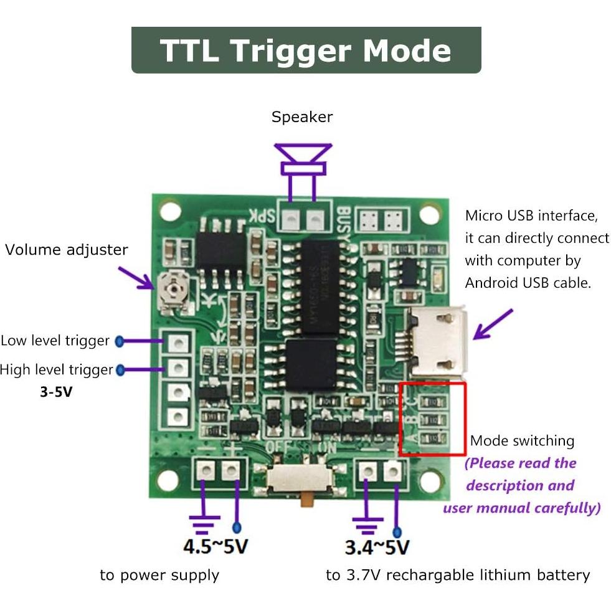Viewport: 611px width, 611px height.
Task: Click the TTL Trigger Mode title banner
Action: [306, 50]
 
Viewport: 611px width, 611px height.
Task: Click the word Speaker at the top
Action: [302, 117]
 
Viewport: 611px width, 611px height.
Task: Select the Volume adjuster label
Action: [67, 250]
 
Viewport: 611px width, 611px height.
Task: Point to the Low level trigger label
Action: [55, 341]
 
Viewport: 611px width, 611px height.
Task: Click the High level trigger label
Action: [57, 370]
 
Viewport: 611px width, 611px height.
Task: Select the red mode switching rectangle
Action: [432, 419]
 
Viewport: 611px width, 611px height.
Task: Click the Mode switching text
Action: [522, 441]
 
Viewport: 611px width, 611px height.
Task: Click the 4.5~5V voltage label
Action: [216, 547]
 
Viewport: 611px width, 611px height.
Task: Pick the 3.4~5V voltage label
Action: [377, 547]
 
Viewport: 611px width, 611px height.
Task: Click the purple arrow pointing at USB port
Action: [492, 324]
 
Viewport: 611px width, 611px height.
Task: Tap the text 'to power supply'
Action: [159, 575]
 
